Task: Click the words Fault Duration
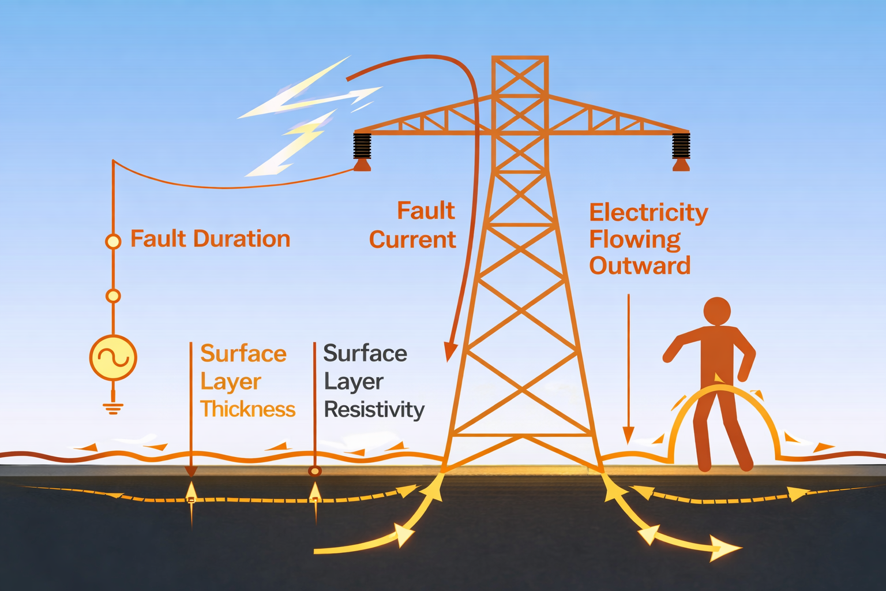(210, 239)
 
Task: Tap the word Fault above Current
(426, 211)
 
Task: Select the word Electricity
(648, 214)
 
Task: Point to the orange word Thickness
(247, 409)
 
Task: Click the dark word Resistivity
(374, 410)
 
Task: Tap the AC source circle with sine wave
(113, 358)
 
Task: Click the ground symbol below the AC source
(113, 407)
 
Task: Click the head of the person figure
(717, 312)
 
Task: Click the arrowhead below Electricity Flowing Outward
(628, 436)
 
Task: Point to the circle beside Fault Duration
(113, 241)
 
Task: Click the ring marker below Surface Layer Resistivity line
(314, 471)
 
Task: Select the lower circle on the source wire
(113, 296)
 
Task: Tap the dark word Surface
(365, 353)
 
